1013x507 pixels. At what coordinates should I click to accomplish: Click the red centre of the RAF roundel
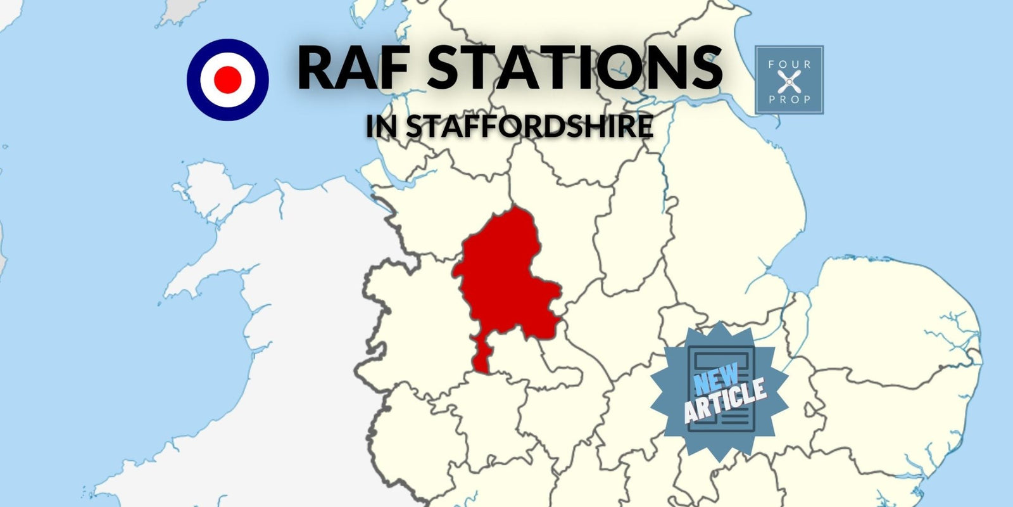tap(228, 80)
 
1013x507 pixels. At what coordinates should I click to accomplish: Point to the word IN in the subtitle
tap(381, 126)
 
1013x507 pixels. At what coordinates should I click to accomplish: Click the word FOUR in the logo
tap(789, 64)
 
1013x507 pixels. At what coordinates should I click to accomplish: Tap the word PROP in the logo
tap(789, 99)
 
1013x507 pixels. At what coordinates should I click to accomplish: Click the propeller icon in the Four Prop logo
tap(789, 81)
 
